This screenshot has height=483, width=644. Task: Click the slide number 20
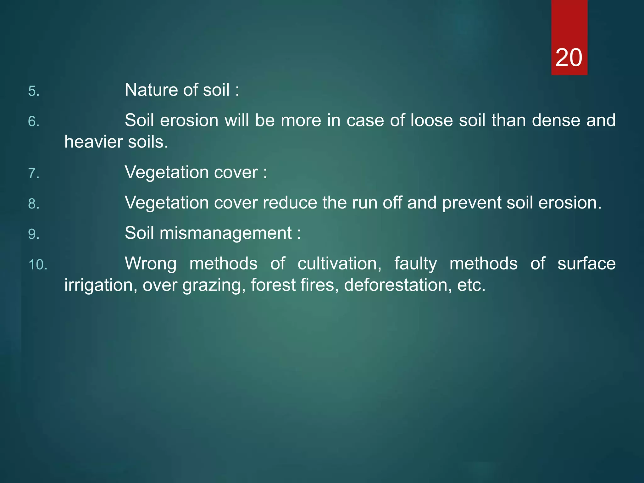(569, 58)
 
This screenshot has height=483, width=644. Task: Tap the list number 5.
(34, 91)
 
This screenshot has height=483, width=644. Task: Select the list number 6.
(34, 122)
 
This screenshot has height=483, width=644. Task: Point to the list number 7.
(34, 174)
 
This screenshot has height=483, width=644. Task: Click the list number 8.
(34, 204)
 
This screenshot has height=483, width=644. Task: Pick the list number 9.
(34, 234)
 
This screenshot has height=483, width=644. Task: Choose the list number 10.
(38, 265)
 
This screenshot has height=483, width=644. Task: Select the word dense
(556, 120)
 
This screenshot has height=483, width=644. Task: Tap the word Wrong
(151, 264)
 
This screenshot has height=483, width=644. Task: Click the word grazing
(214, 286)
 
